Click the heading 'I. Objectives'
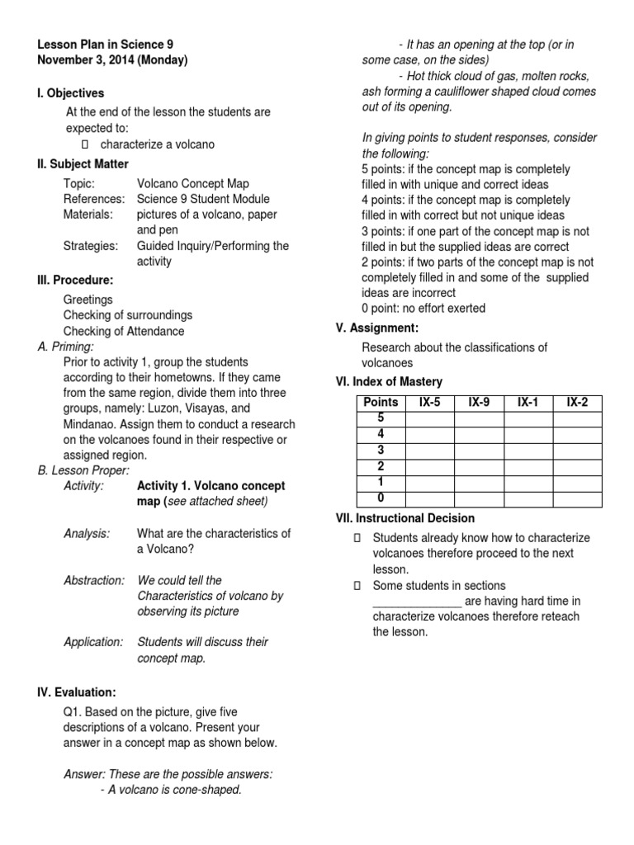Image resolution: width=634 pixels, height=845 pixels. [x=71, y=93]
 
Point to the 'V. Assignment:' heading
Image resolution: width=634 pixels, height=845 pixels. [x=377, y=328]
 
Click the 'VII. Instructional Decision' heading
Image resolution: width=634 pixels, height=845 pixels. [x=405, y=518]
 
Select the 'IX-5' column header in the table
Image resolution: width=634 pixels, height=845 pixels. [x=429, y=403]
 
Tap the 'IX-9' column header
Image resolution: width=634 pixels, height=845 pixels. [x=479, y=403]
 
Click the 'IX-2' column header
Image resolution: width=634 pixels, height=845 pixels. [x=577, y=403]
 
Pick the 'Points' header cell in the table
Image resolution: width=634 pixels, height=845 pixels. [x=381, y=403]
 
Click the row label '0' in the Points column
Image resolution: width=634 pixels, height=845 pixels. [x=381, y=498]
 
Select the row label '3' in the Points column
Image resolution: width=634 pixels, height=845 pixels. [x=381, y=450]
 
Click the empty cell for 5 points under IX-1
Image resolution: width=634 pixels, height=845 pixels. [x=528, y=418]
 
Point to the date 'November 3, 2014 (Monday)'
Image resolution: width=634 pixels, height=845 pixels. [x=112, y=60]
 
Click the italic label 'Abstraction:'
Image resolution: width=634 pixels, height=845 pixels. [x=94, y=580]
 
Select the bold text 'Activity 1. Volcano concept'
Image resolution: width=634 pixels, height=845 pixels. [x=211, y=485]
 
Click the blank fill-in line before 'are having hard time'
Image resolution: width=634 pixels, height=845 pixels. [x=417, y=601]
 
